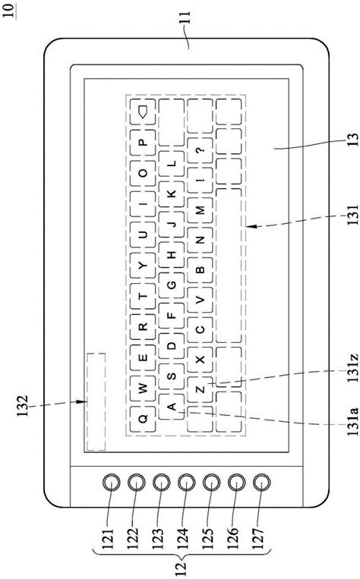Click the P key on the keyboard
[x=143, y=141]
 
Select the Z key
[x=199, y=389]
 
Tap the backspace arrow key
[x=143, y=112]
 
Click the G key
[x=171, y=285]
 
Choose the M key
[x=199, y=209]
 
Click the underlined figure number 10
[x=8, y=9]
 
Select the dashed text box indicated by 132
[x=96, y=401]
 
